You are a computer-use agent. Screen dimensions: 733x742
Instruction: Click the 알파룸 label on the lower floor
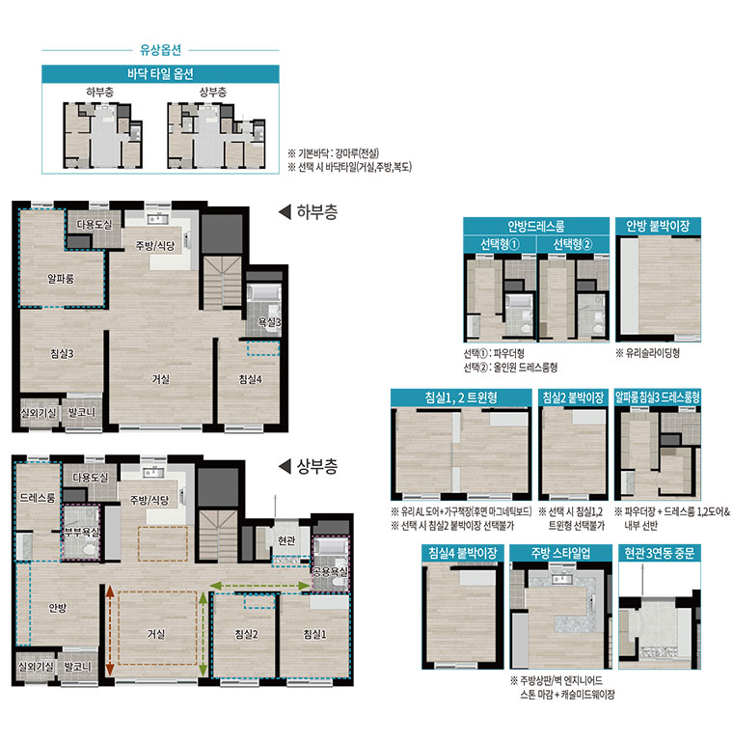[61, 279]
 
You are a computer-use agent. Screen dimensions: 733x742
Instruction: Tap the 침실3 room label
[62, 353]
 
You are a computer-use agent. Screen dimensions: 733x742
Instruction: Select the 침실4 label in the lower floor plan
[250, 379]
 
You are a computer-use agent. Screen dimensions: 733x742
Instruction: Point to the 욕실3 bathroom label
[269, 322]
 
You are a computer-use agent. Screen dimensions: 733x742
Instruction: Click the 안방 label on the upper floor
[58, 608]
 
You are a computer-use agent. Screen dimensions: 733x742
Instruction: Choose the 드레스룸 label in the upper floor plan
[38, 497]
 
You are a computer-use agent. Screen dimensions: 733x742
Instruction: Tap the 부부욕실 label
[82, 532]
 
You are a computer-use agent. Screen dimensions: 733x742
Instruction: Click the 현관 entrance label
[286, 540]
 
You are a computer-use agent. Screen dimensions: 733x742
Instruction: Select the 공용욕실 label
[330, 571]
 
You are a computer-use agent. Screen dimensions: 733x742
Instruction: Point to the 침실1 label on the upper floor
[315, 634]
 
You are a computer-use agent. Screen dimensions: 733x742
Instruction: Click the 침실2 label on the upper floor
[246, 634]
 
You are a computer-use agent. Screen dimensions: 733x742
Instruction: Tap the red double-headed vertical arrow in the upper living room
[110, 631]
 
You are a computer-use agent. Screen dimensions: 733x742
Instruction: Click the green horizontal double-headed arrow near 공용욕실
[259, 586]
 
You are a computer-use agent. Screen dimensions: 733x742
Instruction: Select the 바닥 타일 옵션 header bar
[160, 74]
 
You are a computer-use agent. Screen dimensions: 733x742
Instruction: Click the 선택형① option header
[500, 244]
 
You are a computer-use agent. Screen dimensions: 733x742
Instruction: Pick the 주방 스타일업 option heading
[560, 553]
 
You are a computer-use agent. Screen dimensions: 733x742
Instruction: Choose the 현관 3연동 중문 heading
[660, 553]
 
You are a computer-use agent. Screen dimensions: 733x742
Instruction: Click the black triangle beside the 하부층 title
[285, 211]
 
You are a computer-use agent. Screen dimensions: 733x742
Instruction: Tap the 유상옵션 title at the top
[161, 49]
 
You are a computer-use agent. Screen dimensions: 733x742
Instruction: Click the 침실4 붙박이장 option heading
[463, 553]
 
